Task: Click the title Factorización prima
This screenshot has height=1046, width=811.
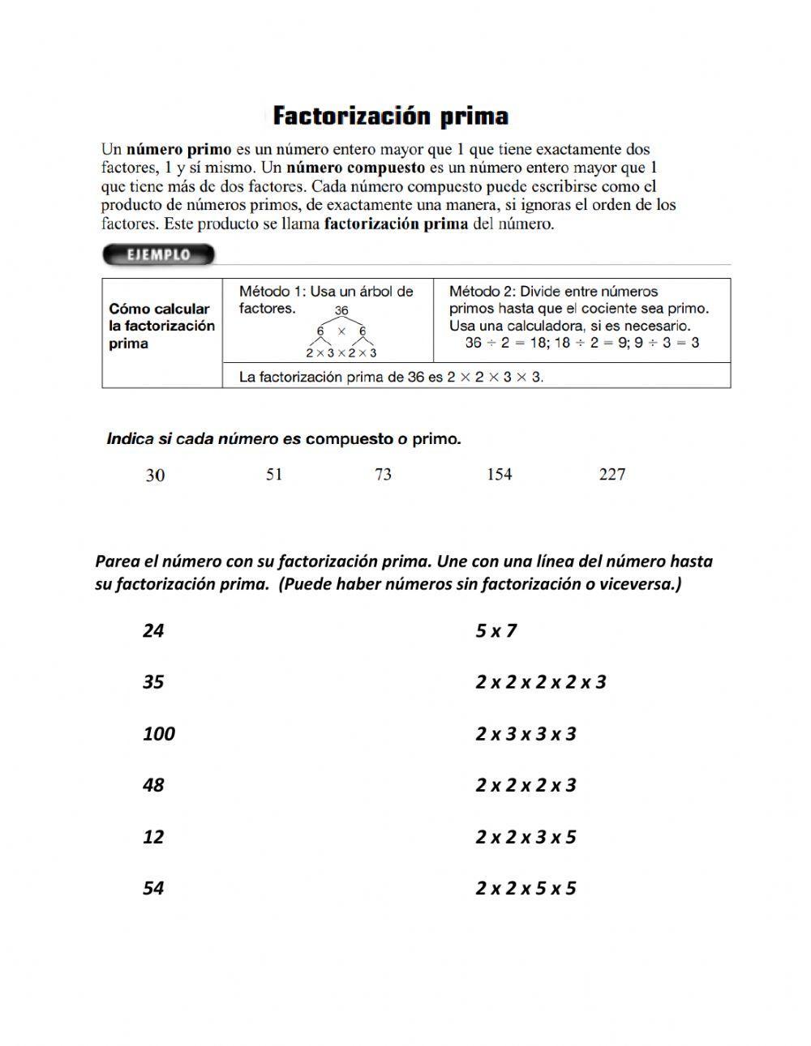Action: (x=390, y=117)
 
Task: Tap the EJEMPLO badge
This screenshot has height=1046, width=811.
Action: (x=158, y=255)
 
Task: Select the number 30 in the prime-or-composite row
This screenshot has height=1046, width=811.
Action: (x=155, y=476)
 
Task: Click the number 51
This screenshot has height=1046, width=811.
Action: (x=274, y=475)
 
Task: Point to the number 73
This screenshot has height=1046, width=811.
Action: (x=383, y=475)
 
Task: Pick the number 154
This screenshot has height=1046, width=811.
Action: (x=499, y=475)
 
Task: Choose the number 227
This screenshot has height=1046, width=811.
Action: (x=611, y=475)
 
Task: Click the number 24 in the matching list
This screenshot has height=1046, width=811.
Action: (x=153, y=630)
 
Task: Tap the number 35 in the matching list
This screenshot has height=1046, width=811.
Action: (x=153, y=682)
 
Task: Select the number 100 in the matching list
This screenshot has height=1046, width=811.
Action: (x=159, y=734)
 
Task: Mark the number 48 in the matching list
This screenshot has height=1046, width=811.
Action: (x=153, y=785)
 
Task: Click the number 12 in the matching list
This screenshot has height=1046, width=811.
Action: (x=153, y=837)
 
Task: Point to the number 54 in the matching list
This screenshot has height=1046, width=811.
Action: (x=153, y=889)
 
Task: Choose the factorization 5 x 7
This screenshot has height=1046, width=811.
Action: (x=496, y=630)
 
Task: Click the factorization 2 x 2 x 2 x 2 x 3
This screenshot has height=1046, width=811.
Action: (x=540, y=682)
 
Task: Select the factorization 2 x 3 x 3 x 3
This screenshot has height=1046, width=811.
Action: (x=526, y=734)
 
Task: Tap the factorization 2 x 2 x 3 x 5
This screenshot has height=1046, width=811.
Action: (x=526, y=837)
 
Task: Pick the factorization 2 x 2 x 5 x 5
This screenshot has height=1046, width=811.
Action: (x=526, y=889)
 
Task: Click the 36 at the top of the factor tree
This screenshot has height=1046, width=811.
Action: (x=341, y=311)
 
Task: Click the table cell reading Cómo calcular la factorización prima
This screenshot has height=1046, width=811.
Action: (x=162, y=326)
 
